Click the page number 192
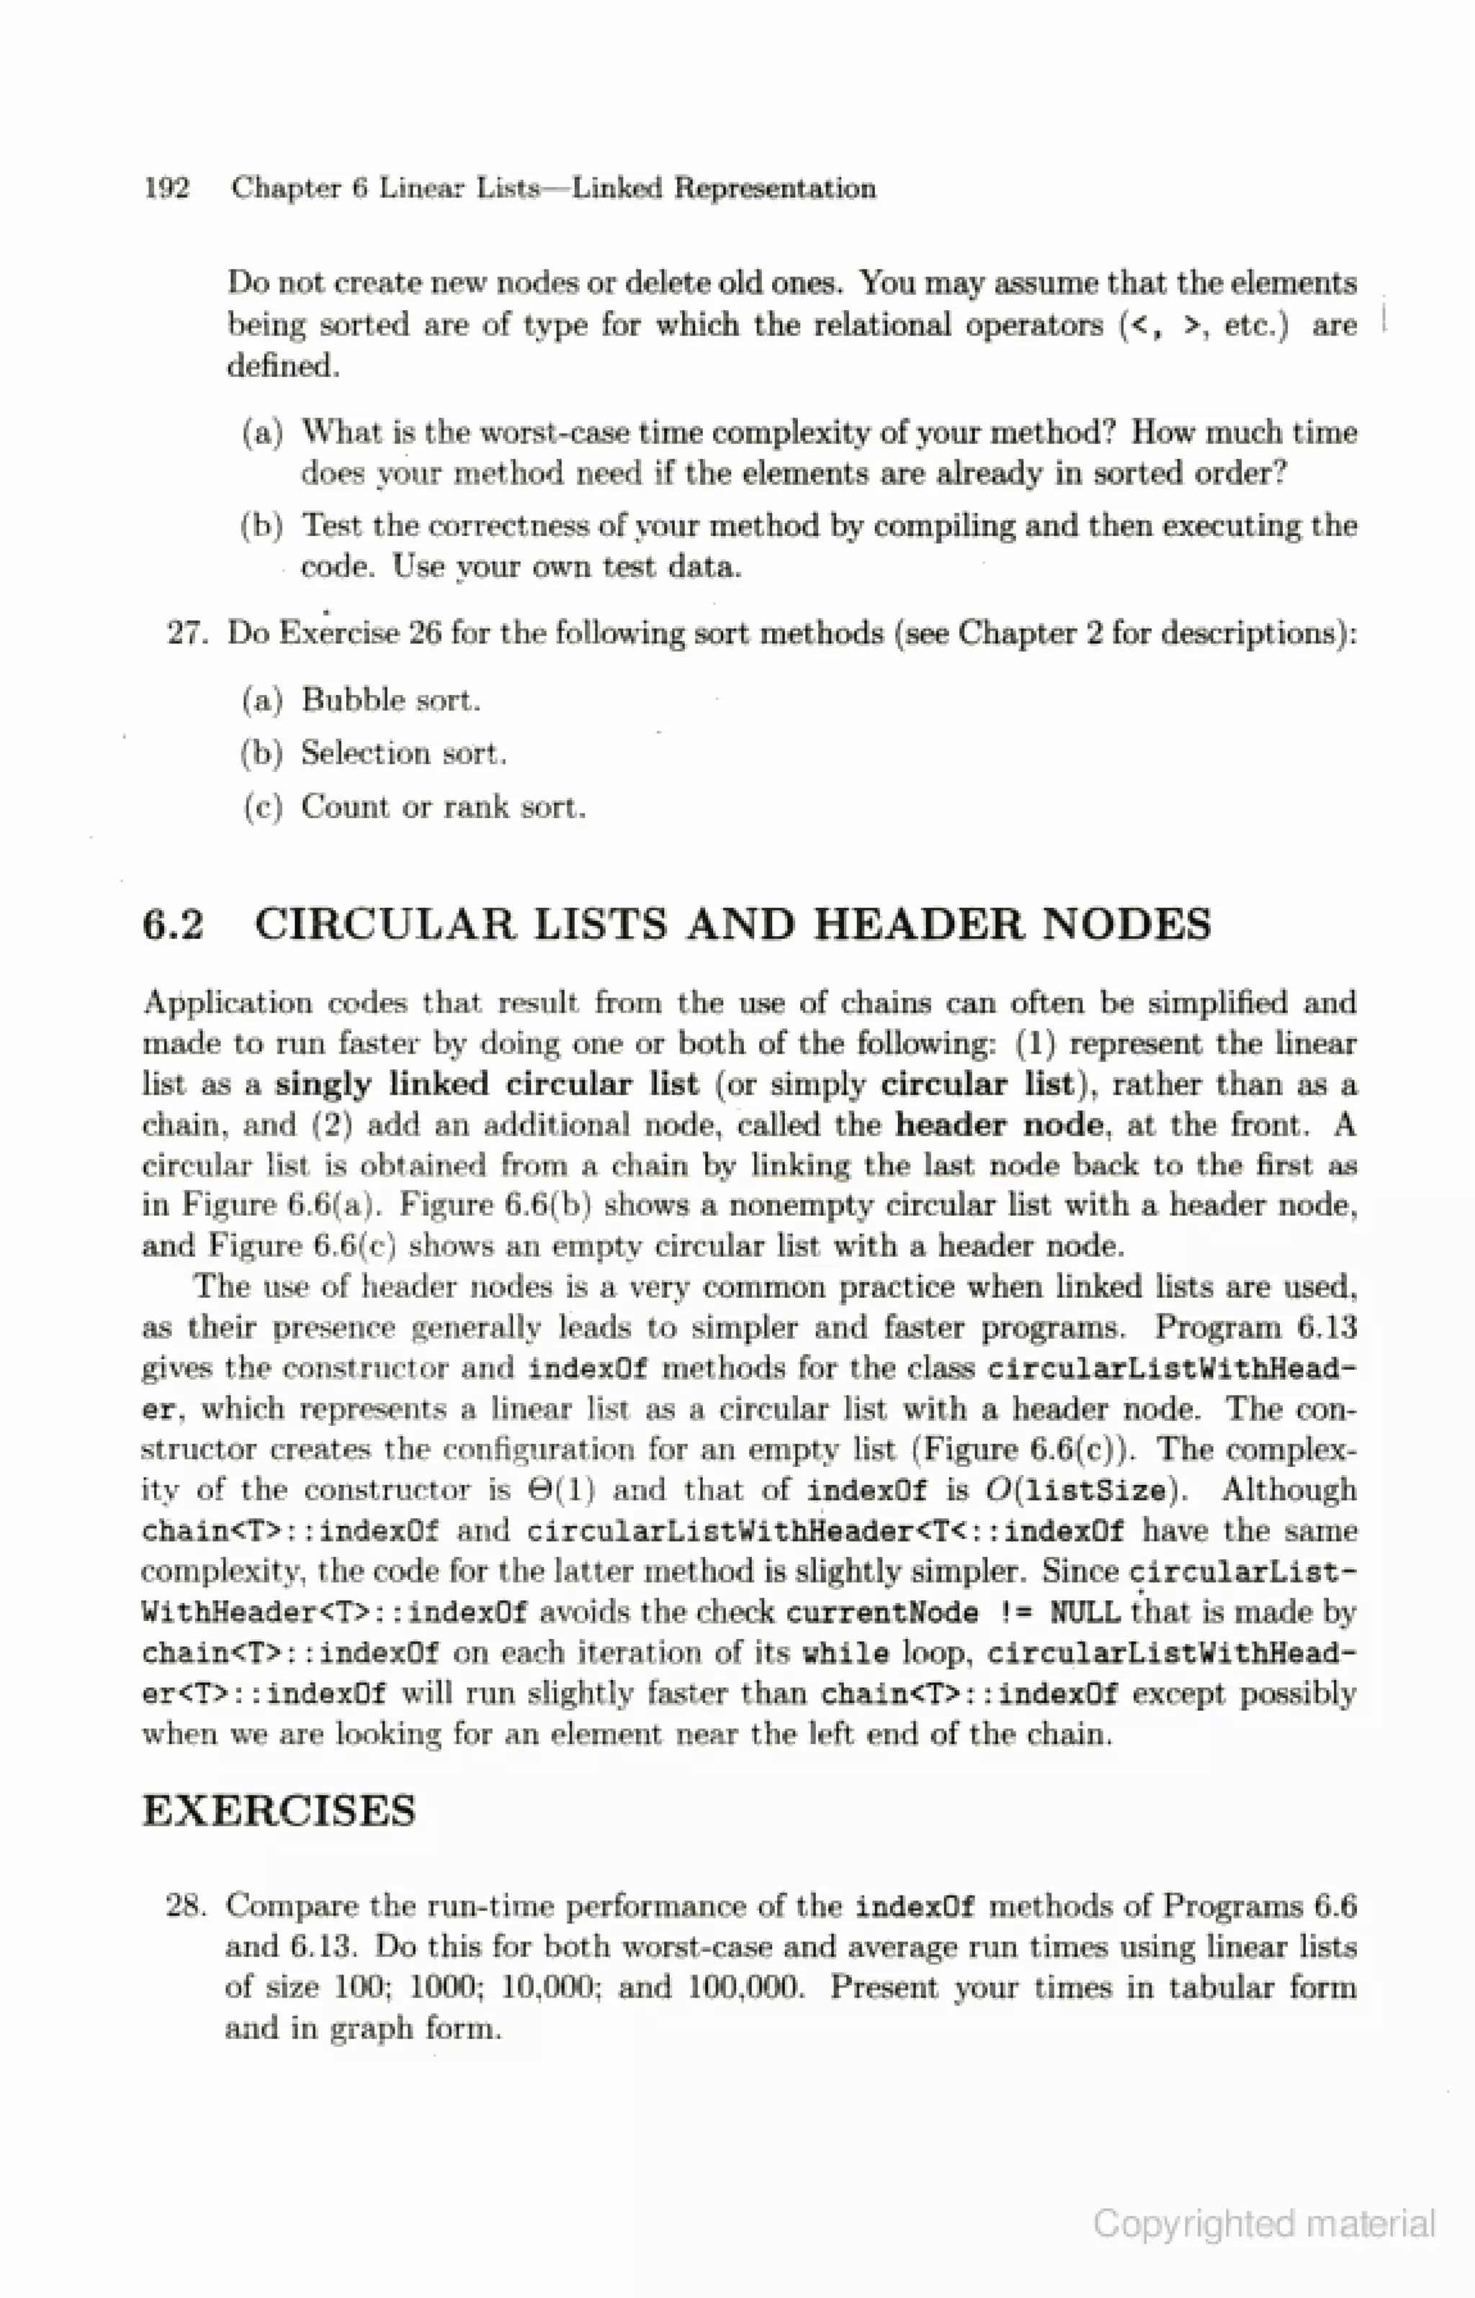tap(166, 188)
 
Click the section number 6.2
tap(174, 925)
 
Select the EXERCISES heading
tap(279, 1812)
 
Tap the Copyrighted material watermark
tap(1264, 2222)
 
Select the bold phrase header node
tap(999, 1124)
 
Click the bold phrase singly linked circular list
tap(487, 1084)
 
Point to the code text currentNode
tap(882, 1612)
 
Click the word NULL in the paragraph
tap(1083, 1612)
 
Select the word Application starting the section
tap(227, 1003)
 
